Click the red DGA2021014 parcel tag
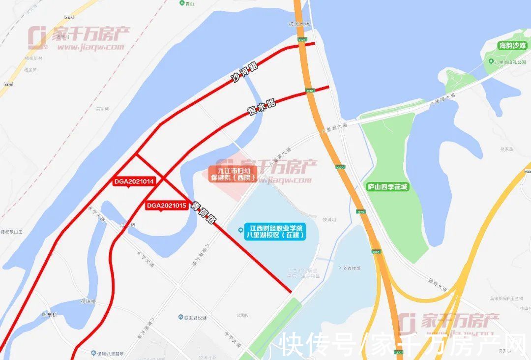coord(134,181)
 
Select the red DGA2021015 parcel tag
coord(166,206)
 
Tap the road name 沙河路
coord(244,72)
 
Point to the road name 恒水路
coord(262,106)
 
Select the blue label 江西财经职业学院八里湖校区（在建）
coord(275,232)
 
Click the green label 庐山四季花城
coord(388,187)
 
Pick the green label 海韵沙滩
coord(512,46)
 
